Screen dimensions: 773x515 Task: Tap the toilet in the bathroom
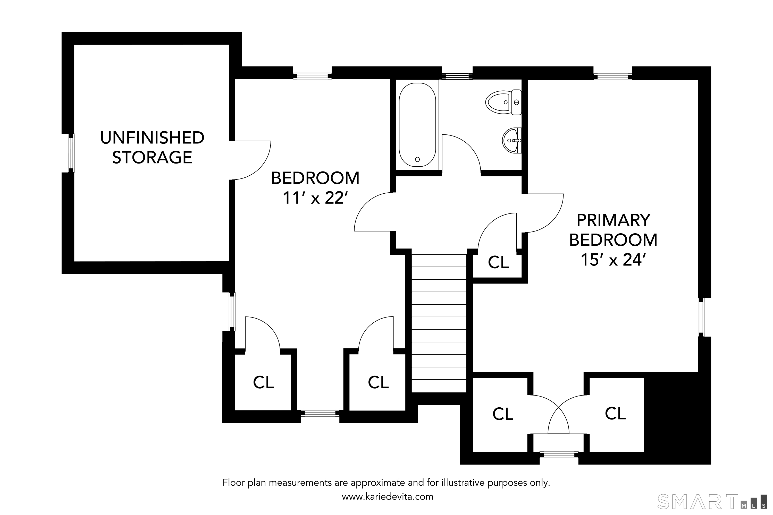(x=503, y=102)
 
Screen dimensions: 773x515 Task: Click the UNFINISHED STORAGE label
(x=152, y=148)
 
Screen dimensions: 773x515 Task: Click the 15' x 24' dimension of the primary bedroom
(x=613, y=260)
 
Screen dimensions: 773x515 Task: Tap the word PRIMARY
(x=613, y=220)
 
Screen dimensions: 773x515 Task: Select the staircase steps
(x=439, y=323)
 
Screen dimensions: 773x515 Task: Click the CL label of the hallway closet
(x=498, y=262)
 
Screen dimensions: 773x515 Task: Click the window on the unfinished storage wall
(x=71, y=153)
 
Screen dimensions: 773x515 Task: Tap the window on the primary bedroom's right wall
(x=701, y=317)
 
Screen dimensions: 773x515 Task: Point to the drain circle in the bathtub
(x=417, y=159)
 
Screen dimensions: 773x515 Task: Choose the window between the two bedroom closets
(x=320, y=413)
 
